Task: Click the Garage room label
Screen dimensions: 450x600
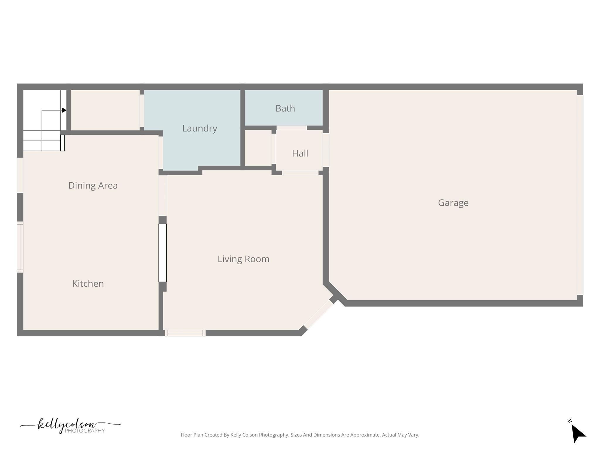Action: point(453,203)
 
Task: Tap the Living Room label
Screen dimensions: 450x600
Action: point(243,259)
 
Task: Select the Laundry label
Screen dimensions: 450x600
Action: point(200,128)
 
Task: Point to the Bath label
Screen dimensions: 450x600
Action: point(285,108)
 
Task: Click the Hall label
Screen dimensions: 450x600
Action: point(300,153)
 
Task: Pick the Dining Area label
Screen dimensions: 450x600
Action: point(93,185)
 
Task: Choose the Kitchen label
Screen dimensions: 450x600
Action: point(88,284)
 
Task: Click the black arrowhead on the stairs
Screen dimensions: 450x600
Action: point(64,110)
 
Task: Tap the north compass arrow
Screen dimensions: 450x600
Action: point(578,433)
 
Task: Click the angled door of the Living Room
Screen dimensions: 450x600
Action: point(319,315)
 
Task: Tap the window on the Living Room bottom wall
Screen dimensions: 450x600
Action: point(185,333)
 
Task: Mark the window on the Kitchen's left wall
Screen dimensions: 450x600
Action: point(20,247)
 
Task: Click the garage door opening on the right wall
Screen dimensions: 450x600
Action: point(580,195)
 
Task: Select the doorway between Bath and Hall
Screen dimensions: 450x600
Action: point(292,128)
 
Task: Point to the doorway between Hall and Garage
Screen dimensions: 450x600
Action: point(326,150)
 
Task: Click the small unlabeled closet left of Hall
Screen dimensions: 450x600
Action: point(258,148)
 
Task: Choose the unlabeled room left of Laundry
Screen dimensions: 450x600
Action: point(105,110)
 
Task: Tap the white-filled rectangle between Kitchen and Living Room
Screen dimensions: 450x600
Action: point(163,253)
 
